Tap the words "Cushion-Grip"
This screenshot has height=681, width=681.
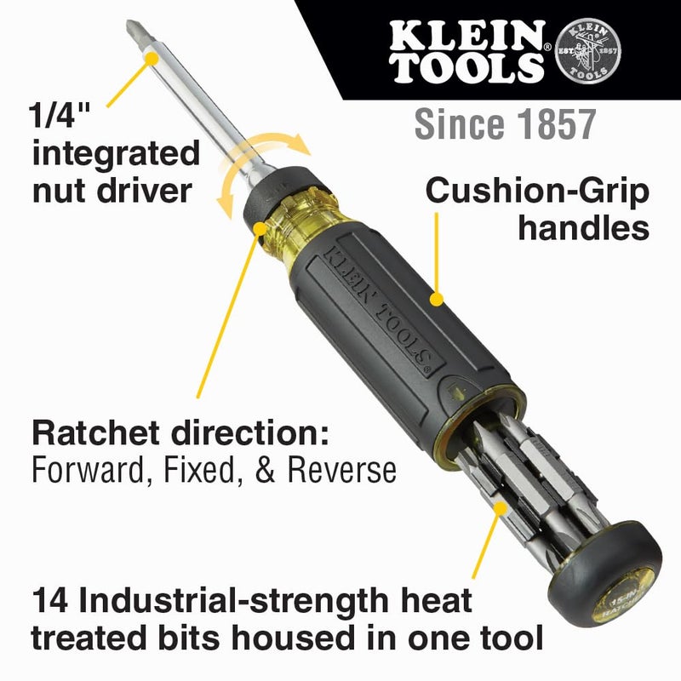pos(537,191)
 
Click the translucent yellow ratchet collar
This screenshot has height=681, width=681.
pos(294,228)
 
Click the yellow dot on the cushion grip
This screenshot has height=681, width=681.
pos(436,298)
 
